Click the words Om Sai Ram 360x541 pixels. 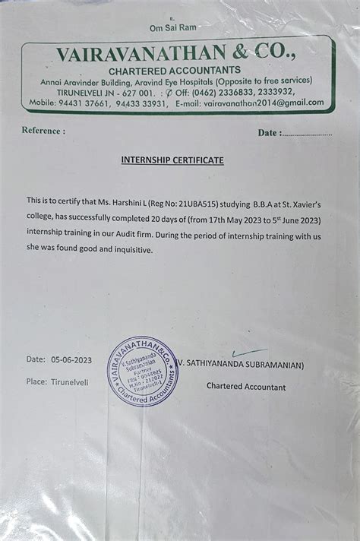point(174,27)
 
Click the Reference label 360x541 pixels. point(43,131)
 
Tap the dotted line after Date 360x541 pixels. point(307,133)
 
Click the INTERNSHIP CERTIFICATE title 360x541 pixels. point(172,160)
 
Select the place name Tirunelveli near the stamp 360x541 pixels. point(70,381)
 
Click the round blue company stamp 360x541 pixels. point(143,372)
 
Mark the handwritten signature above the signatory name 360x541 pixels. point(249,353)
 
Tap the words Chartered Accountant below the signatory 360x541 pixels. point(246,387)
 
